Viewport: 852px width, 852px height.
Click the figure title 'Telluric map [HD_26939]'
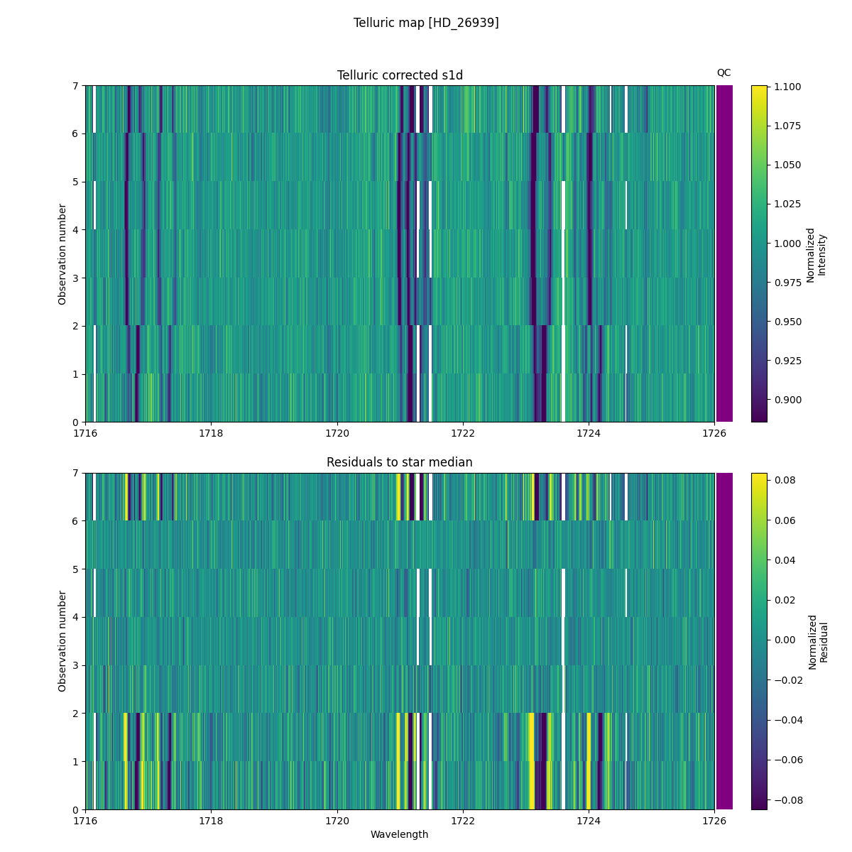[x=426, y=23]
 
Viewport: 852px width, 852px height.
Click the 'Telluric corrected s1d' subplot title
[x=400, y=75]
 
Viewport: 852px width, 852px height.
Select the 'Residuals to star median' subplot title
[x=400, y=462]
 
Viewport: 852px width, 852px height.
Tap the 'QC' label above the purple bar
[x=723, y=72]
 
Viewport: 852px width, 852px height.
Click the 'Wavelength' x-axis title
[x=400, y=834]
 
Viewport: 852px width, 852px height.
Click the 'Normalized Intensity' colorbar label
[x=816, y=254]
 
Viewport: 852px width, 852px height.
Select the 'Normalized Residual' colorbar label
[x=818, y=641]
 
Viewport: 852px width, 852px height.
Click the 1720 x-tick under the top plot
[x=337, y=433]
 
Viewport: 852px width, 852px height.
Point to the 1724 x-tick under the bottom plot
[x=589, y=821]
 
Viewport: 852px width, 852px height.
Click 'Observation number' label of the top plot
[x=62, y=254]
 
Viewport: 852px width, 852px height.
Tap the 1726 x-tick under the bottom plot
[x=714, y=821]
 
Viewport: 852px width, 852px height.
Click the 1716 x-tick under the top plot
[x=85, y=433]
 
